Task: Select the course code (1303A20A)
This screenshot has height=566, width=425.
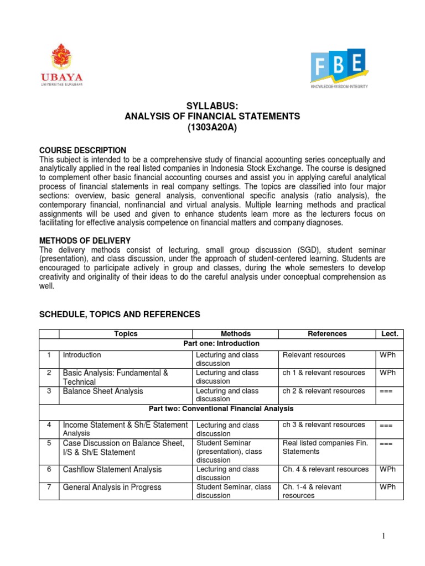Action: (x=213, y=127)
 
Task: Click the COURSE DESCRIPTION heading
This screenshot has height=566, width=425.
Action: (x=82, y=150)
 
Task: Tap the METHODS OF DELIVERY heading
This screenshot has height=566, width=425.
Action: (x=85, y=240)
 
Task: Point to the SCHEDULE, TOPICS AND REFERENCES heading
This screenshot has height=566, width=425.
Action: (x=119, y=315)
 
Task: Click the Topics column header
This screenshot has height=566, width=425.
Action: (x=126, y=334)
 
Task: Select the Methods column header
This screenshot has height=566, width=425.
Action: (x=235, y=334)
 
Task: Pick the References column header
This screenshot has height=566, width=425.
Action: (x=327, y=334)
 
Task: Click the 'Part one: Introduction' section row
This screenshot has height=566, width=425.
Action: (x=221, y=344)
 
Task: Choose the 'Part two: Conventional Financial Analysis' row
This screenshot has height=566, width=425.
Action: (x=221, y=408)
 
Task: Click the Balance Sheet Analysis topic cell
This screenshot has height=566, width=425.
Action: (x=103, y=391)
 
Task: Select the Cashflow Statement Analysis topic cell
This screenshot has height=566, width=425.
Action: (x=112, y=469)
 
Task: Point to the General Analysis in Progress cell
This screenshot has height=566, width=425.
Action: (x=112, y=488)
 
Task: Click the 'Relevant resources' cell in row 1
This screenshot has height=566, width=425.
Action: (x=314, y=355)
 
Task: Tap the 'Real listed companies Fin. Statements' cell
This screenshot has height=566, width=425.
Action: (x=325, y=448)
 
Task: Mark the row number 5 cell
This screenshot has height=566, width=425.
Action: (x=49, y=443)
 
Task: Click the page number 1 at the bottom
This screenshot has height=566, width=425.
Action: (x=397, y=536)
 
